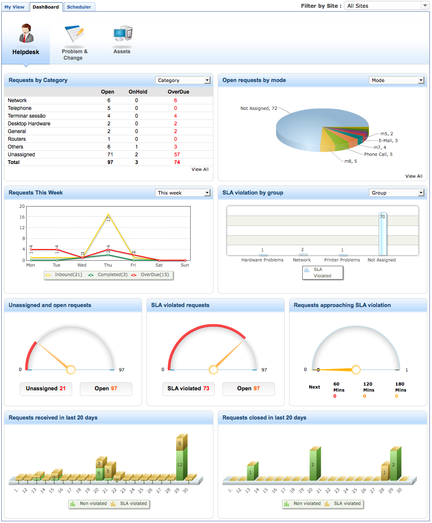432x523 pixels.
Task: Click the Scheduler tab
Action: [79, 7]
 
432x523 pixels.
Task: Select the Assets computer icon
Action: [122, 34]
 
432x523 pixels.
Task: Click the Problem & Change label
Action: [74, 55]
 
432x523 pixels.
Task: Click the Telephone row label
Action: [19, 108]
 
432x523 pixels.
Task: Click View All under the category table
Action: [200, 169]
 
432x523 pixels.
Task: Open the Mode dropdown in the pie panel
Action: [396, 80]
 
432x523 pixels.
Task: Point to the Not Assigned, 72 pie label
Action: [259, 109]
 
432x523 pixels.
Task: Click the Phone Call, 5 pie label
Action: [378, 154]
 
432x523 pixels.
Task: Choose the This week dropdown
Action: [183, 193]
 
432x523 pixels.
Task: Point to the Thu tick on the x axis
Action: [108, 265]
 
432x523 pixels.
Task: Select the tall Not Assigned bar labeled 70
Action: [382, 234]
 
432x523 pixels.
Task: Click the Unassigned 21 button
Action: [46, 389]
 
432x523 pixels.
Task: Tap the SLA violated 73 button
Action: [188, 389]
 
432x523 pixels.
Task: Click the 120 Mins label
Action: [368, 387]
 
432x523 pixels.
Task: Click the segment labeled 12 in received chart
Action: [180, 465]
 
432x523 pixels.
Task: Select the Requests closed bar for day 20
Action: [313, 465]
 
